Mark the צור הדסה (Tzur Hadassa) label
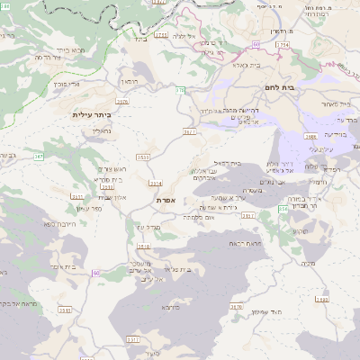click(x=47, y=57)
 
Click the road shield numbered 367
click(x=39, y=157)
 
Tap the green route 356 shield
click(x=282, y=209)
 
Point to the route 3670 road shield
click(x=237, y=307)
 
